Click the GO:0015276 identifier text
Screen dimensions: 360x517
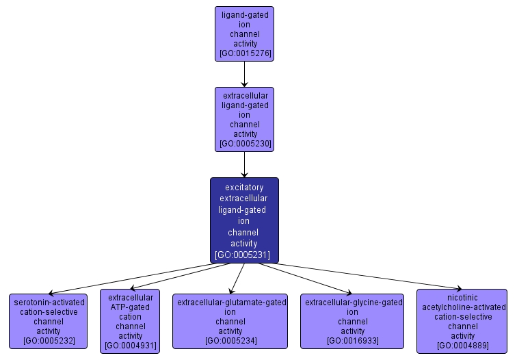coord(244,53)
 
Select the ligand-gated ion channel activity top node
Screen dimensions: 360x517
coord(244,33)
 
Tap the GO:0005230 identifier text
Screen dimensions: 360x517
coord(244,144)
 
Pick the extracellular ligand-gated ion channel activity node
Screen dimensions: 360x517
coord(244,118)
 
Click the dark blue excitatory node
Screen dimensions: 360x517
coord(244,220)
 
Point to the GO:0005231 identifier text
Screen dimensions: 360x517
coord(244,255)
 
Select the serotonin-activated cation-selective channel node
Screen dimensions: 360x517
coord(48,321)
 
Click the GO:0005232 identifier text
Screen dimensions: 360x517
coord(48,340)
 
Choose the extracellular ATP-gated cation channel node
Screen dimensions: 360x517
coord(130,320)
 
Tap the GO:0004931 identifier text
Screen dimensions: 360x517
coord(130,345)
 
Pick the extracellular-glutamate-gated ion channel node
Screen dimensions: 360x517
coord(230,321)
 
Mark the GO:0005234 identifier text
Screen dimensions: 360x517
coord(230,340)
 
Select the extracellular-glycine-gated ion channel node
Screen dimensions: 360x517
coord(353,321)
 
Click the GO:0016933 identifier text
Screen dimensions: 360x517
coord(353,340)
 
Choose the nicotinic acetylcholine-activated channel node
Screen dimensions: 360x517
coord(462,321)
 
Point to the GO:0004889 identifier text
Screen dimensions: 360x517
coord(462,345)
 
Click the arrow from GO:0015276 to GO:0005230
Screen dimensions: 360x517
coord(244,74)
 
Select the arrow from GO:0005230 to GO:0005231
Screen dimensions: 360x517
coord(244,164)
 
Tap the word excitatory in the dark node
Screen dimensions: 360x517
coord(244,186)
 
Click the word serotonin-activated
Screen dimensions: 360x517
coord(48,302)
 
